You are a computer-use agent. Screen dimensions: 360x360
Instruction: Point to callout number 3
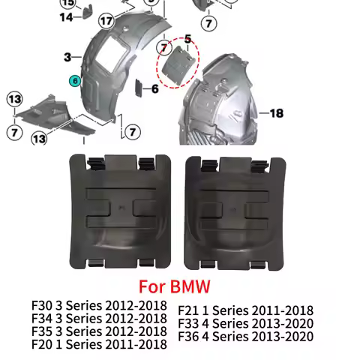click(67, 57)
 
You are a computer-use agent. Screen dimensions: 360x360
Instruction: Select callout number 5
click(187, 37)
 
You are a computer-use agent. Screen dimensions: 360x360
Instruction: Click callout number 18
click(276, 113)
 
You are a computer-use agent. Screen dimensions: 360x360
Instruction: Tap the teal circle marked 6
click(74, 80)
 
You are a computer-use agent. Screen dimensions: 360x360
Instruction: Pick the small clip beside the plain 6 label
click(138, 90)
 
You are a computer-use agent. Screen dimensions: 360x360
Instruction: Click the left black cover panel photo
click(118, 211)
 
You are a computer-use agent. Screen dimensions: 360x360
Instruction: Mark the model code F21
click(190, 310)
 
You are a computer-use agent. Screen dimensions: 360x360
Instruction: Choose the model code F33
click(190, 323)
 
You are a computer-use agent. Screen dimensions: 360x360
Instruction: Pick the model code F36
click(190, 336)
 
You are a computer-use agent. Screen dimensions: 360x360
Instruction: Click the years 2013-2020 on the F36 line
click(285, 336)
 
